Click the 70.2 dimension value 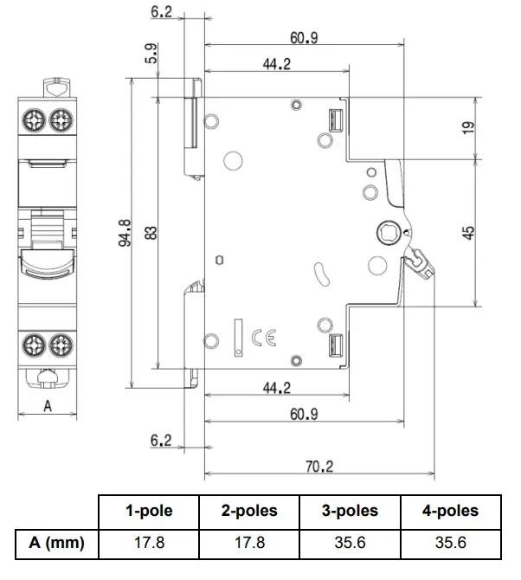click(x=320, y=466)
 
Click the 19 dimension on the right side click(x=468, y=127)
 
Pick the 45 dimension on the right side click(x=468, y=234)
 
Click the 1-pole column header click(x=149, y=511)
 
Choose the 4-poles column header click(x=450, y=511)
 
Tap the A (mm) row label click(x=56, y=543)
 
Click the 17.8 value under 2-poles click(x=249, y=543)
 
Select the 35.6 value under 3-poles click(x=350, y=543)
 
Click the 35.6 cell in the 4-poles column click(x=450, y=543)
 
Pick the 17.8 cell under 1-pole click(x=149, y=543)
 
